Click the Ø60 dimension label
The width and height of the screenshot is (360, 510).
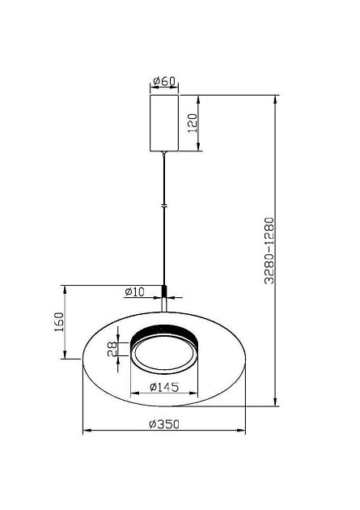[x=164, y=81]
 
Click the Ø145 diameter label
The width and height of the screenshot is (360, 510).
[x=165, y=388]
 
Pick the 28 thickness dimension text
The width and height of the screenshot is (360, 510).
[x=112, y=349]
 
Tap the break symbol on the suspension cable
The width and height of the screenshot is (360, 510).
[x=165, y=207]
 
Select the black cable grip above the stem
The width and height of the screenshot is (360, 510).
[x=165, y=291]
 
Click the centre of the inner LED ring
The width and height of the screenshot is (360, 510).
[x=165, y=355]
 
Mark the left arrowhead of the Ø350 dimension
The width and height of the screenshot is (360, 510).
[x=86, y=431]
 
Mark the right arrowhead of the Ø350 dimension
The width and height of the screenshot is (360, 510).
[x=244, y=431]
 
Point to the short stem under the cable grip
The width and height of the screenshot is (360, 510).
[x=165, y=304]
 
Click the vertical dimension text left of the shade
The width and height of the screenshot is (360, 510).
[x=57, y=322]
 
